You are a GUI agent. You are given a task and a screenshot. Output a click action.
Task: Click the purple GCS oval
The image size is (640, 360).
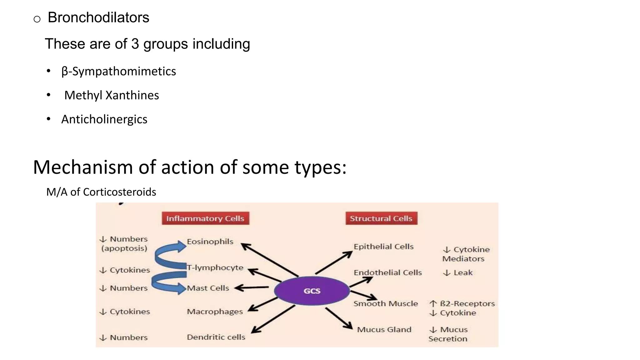tap(312, 291)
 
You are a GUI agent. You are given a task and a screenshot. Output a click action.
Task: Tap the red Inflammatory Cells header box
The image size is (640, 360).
tap(205, 218)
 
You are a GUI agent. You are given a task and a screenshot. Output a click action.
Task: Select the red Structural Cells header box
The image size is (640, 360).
tap(381, 218)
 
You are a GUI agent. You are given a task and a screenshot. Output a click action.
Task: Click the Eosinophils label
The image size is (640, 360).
tap(210, 242)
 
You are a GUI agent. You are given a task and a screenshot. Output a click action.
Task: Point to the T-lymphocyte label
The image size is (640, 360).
tap(215, 267)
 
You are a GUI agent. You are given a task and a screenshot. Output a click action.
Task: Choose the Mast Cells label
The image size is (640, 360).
tap(208, 288)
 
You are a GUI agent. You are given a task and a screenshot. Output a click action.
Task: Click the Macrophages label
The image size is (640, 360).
tap(215, 312)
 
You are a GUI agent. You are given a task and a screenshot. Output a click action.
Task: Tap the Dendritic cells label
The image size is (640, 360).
tap(216, 337)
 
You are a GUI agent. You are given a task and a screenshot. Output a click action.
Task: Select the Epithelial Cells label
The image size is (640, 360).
tap(383, 247)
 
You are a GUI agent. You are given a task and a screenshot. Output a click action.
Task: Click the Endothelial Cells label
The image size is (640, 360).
tap(387, 272)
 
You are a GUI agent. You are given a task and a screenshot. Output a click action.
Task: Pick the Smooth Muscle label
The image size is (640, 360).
tap(385, 303)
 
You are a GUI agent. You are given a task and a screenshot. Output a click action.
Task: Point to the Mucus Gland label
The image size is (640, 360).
tap(384, 329)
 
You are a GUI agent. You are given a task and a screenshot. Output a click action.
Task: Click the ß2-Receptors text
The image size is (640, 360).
tap(467, 303)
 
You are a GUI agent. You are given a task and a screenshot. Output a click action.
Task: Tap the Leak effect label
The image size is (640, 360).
tap(462, 273)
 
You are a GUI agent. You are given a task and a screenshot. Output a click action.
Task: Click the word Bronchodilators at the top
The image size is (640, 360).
tap(98, 17)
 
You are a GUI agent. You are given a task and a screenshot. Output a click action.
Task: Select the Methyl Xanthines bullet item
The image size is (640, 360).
tap(112, 95)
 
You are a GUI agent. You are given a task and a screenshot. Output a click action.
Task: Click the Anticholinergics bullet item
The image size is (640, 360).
tap(104, 119)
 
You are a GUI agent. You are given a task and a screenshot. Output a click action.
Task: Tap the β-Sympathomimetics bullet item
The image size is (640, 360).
tap(119, 72)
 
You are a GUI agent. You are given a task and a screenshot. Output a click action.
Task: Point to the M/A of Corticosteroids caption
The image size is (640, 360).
tap(101, 192)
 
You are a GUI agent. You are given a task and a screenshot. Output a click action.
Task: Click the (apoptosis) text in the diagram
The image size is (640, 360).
tap(124, 248)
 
